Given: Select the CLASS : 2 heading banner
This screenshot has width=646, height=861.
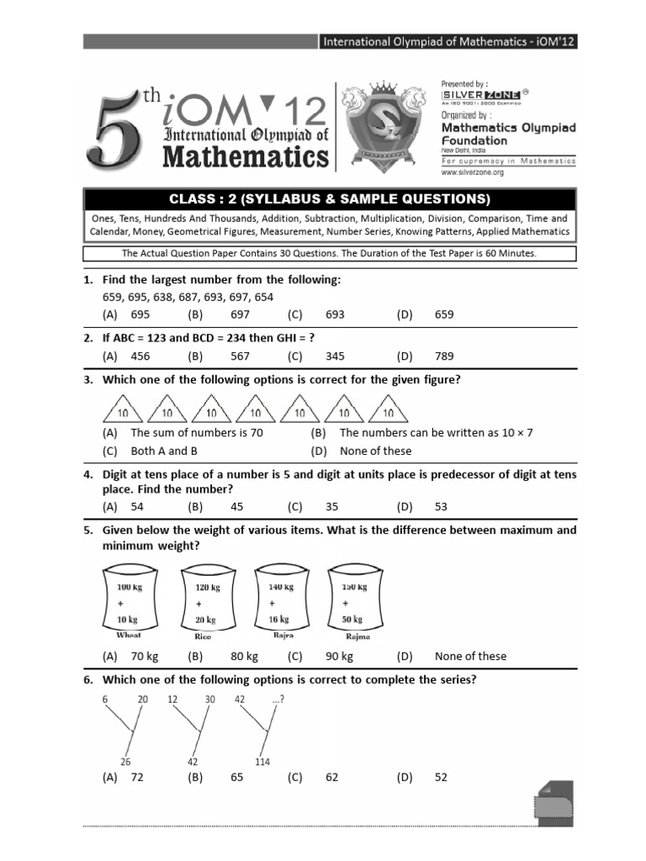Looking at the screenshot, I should (329, 199).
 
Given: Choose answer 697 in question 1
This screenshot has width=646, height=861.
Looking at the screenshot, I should (240, 314).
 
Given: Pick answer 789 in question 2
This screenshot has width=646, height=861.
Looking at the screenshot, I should (444, 356).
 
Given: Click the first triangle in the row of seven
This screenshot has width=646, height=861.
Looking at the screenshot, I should (122, 410).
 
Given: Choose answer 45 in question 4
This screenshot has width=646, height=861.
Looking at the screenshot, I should (240, 507).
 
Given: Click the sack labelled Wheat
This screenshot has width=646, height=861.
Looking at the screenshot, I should (130, 600).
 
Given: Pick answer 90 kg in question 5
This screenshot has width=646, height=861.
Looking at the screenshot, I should (339, 656).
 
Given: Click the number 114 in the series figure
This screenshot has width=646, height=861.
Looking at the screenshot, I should (262, 762).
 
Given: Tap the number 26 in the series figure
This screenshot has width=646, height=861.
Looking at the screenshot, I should (125, 762).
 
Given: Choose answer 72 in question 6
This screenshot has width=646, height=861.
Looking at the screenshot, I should (137, 778).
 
